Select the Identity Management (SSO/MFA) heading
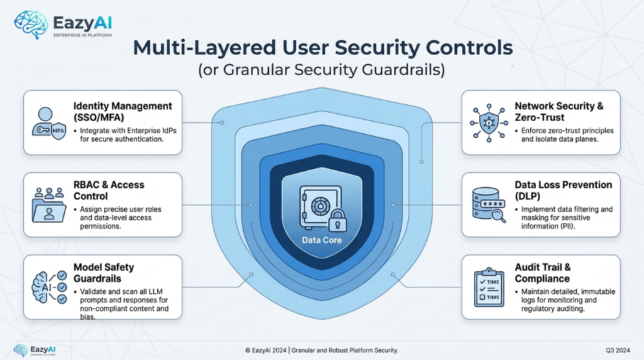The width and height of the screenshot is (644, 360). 122,111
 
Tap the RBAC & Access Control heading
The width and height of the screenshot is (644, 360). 109,191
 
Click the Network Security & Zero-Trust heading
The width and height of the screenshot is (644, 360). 558,111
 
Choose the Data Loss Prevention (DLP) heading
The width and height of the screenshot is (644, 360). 563,191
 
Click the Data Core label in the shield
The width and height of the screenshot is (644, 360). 321,240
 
